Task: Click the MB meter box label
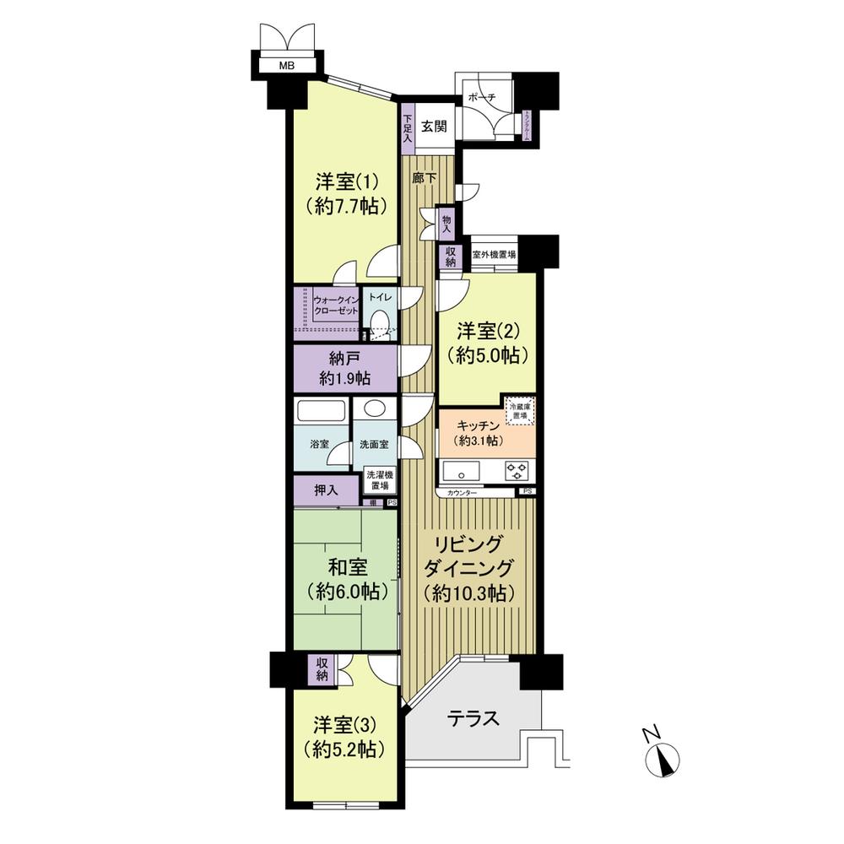pos(288,64)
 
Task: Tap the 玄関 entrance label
pos(434,127)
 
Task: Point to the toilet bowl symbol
pos(379,322)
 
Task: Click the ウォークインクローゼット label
pos(336,306)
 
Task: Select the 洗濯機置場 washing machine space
pos(378,480)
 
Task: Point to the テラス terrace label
pos(473,718)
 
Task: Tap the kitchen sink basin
pos(460,469)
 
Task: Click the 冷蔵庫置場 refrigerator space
pos(519,411)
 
